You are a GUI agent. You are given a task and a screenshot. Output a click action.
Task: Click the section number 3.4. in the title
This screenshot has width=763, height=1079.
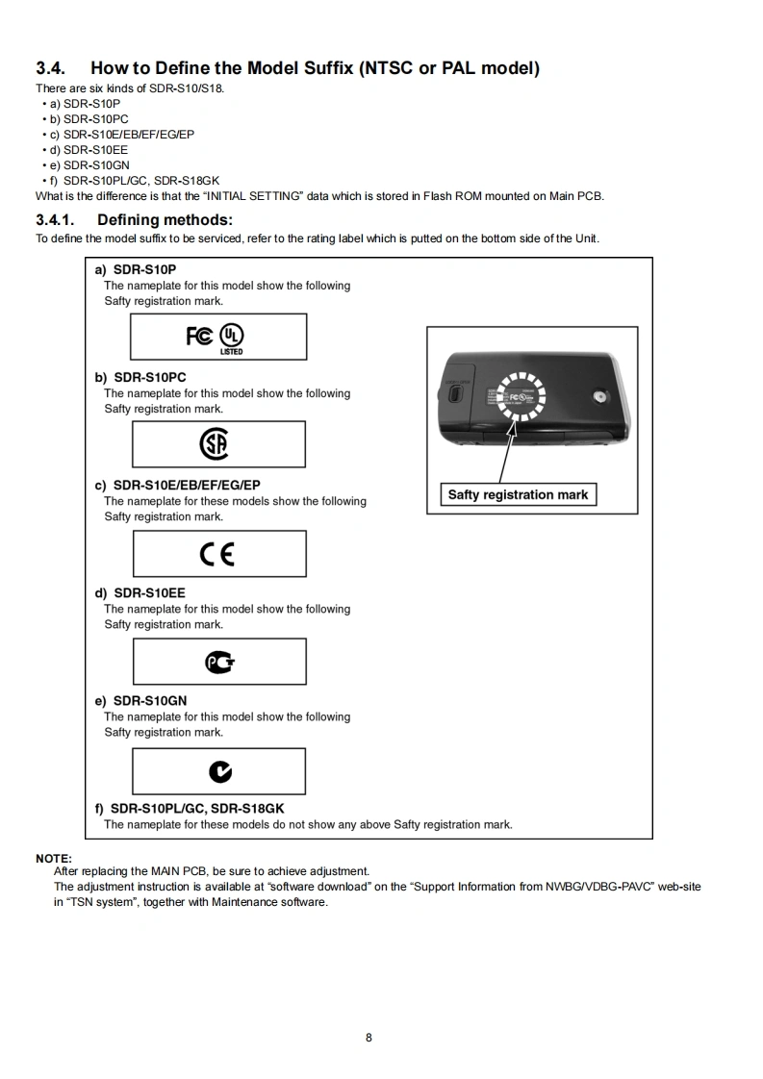(51, 68)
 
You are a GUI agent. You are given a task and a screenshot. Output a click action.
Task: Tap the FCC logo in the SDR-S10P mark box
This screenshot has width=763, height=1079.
(200, 336)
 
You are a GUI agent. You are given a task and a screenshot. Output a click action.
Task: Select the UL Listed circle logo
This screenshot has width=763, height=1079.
(231, 336)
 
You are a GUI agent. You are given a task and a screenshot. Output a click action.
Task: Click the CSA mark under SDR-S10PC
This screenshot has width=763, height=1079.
(215, 444)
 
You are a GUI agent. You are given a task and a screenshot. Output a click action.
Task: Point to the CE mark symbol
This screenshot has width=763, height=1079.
(217, 554)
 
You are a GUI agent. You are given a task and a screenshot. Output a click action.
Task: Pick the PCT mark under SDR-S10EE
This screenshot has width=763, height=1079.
(220, 662)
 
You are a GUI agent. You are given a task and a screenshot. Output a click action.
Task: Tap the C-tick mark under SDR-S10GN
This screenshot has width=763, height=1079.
(220, 771)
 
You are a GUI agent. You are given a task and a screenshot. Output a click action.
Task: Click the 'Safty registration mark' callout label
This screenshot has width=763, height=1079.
(518, 495)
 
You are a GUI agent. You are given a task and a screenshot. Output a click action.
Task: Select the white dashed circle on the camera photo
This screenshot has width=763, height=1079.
(521, 398)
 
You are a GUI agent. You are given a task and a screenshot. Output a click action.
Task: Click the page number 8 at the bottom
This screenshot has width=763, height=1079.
(369, 1037)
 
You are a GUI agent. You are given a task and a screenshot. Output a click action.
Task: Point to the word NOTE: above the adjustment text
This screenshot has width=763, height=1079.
(54, 858)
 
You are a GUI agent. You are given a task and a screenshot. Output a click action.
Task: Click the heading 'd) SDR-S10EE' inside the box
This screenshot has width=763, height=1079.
(140, 593)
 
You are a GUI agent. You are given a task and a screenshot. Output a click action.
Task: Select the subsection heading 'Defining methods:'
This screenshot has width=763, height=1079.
(165, 220)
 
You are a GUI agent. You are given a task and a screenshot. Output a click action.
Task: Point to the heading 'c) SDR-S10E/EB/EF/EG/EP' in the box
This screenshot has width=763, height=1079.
(177, 486)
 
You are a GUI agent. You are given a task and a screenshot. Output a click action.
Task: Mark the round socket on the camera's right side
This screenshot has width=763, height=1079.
(601, 396)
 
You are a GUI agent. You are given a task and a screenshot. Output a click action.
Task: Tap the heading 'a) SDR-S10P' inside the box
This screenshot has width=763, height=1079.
(135, 270)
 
